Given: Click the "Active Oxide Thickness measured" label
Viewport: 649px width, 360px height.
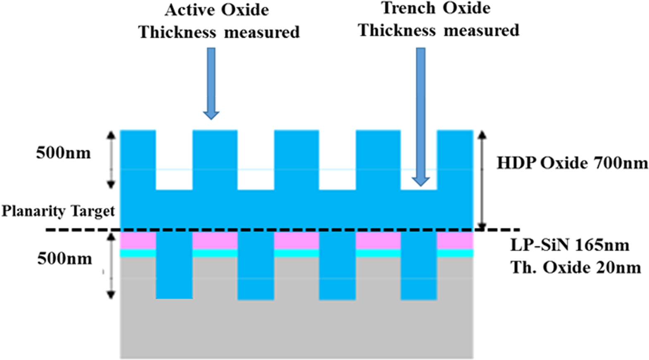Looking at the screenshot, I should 219,21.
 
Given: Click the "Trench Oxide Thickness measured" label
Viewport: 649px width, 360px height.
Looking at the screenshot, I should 438,19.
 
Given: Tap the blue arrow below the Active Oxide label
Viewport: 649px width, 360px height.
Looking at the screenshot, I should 211,83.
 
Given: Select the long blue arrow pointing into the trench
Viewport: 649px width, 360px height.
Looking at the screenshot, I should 420,116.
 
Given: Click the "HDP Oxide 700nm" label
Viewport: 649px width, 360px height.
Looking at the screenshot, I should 572,163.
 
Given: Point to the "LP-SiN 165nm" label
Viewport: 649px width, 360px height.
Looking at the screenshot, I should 570,246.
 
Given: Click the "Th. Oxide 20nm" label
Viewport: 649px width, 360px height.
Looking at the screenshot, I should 575,268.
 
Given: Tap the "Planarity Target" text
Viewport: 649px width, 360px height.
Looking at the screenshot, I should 58,211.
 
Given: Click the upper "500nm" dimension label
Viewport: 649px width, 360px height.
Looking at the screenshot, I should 63,153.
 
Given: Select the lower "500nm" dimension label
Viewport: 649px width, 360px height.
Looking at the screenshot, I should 64,259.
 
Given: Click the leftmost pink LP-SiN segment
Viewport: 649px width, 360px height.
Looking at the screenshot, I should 138,241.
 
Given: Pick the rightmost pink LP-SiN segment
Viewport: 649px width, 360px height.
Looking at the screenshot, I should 455,241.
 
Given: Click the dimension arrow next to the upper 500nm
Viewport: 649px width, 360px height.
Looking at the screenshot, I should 111,160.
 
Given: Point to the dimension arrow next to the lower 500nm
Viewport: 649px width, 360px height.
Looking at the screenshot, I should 111,265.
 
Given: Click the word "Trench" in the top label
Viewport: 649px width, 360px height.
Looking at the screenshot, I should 408,8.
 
